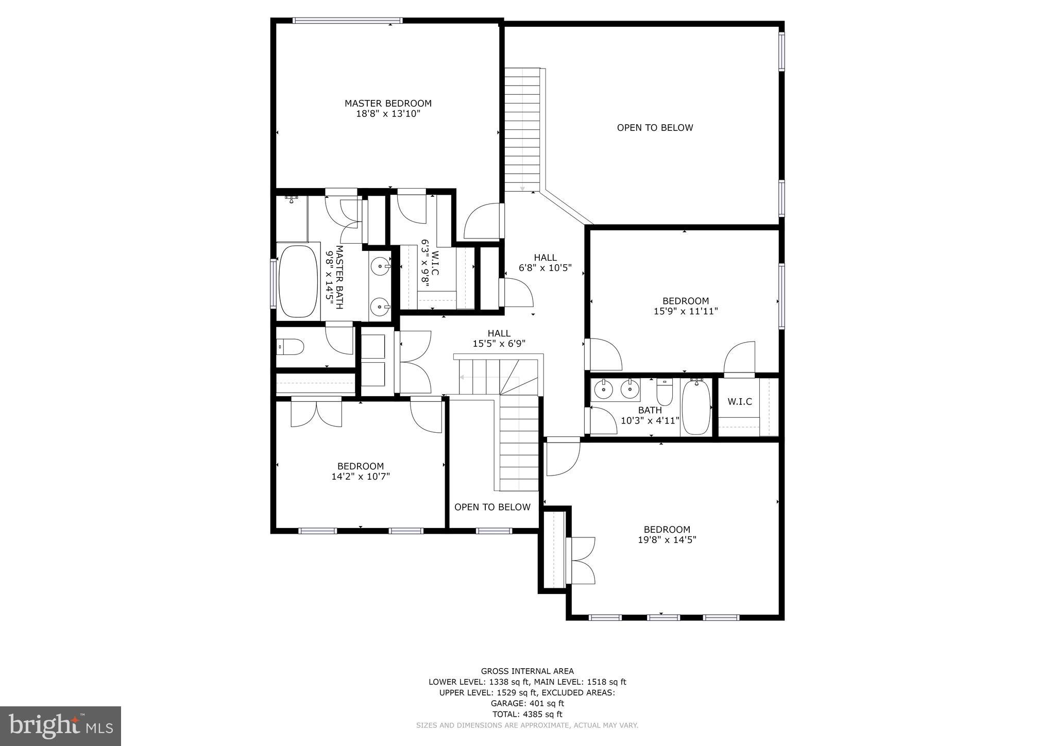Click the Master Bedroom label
388,104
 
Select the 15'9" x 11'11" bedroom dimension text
685,311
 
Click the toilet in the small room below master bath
290,347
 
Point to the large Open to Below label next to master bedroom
655,128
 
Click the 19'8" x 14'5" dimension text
667,540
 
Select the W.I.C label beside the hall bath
739,402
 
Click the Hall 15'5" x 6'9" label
499,338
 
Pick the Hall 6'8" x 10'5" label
545,263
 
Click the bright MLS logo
61,726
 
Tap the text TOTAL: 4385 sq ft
527,714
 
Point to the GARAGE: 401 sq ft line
527,703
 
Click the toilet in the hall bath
665,393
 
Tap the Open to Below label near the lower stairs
492,507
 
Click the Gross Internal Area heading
527,671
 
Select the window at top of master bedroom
347,21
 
